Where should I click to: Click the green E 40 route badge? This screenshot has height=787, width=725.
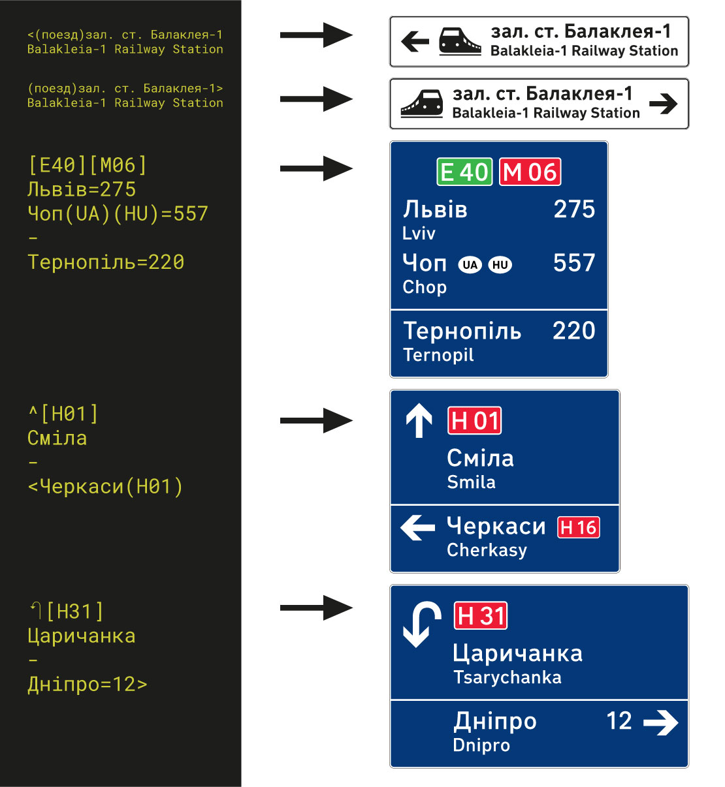(464, 172)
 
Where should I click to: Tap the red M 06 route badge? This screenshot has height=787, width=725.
(530, 172)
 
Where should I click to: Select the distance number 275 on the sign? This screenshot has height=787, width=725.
(574, 209)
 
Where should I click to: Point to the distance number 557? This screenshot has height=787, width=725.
(574, 263)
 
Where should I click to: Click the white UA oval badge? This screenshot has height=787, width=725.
(470, 265)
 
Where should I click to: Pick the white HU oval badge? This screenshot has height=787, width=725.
(500, 265)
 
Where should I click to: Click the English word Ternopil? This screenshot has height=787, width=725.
(438, 355)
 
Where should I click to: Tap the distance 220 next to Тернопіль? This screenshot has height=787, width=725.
(573, 331)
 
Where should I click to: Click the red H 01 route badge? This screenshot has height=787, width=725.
(475, 421)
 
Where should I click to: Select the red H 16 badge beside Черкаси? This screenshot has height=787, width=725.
(579, 527)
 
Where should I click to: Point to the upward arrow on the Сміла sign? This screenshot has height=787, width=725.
(419, 420)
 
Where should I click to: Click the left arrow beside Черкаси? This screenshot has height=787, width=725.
(417, 527)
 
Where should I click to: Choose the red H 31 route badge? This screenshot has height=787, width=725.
(481, 616)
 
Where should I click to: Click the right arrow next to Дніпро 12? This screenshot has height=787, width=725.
(660, 722)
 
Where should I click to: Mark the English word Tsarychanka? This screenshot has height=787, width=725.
(507, 678)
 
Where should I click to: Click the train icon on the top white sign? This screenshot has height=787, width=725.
(459, 40)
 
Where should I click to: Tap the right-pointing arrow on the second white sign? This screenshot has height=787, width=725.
(664, 104)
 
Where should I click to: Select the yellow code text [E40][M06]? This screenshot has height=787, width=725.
(88, 166)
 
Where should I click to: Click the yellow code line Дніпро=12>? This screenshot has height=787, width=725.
(88, 685)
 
